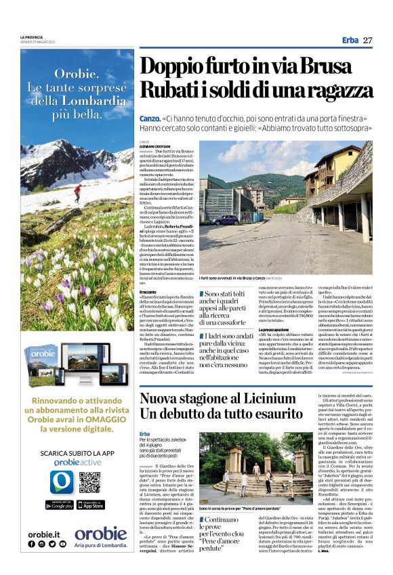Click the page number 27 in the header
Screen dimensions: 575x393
coord(368,41)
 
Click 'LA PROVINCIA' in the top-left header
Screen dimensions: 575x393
coord(31,37)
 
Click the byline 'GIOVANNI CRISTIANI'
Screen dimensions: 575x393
coord(152,145)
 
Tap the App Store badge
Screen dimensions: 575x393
coord(90,505)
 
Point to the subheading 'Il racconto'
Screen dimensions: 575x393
coord(148,291)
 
